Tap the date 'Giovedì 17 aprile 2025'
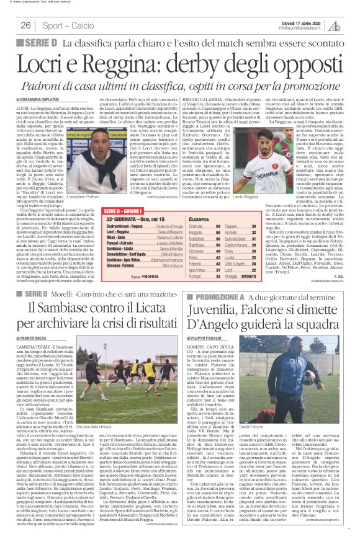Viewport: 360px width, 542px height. (x=304, y=22)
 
